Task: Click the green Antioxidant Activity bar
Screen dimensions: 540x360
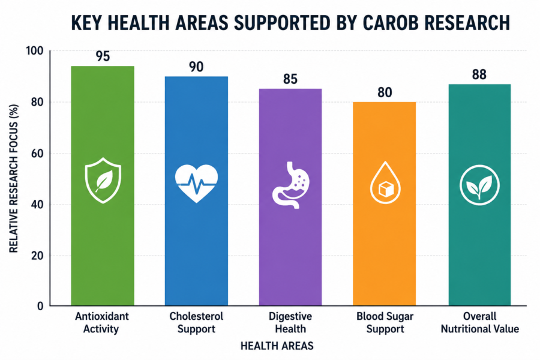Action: coord(103,185)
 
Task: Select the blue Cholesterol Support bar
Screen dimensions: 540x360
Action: coord(196,191)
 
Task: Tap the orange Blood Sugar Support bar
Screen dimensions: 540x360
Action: coord(385,203)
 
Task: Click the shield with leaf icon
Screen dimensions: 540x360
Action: coord(103,180)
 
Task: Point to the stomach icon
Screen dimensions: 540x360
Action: coord(291,185)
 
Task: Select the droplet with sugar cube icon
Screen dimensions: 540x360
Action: coord(385,182)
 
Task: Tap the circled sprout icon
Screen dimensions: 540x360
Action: coord(479,185)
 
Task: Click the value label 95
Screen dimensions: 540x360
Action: coord(103,56)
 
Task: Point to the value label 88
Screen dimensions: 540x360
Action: coord(479,75)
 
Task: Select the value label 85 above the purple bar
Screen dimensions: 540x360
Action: coord(290,79)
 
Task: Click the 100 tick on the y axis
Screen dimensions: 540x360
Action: coord(35,51)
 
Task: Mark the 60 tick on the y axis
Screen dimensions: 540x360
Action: coord(37,154)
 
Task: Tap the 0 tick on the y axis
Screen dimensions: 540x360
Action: coord(40,306)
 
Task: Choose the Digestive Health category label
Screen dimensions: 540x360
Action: coord(290,322)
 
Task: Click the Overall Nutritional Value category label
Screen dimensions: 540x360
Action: coord(480,322)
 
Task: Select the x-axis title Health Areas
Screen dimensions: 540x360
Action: coord(277,346)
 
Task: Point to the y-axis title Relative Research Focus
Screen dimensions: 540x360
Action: coord(14,178)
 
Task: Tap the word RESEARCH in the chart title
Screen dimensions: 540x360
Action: coord(467,23)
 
